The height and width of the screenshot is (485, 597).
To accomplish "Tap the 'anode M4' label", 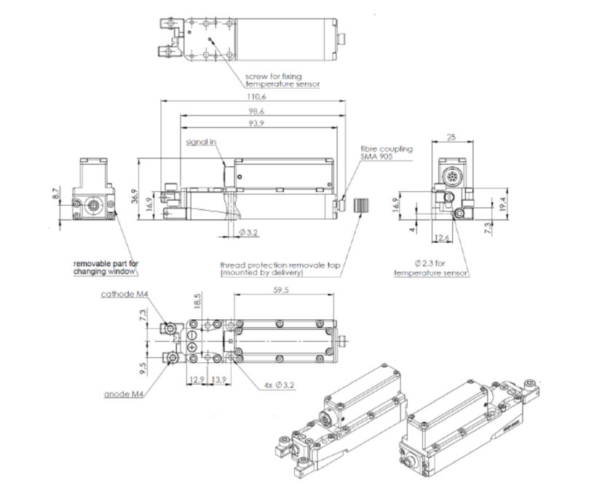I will pyautogui.click(x=122, y=395).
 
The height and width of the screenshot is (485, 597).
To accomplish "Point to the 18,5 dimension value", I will pyautogui.click(x=197, y=301).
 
